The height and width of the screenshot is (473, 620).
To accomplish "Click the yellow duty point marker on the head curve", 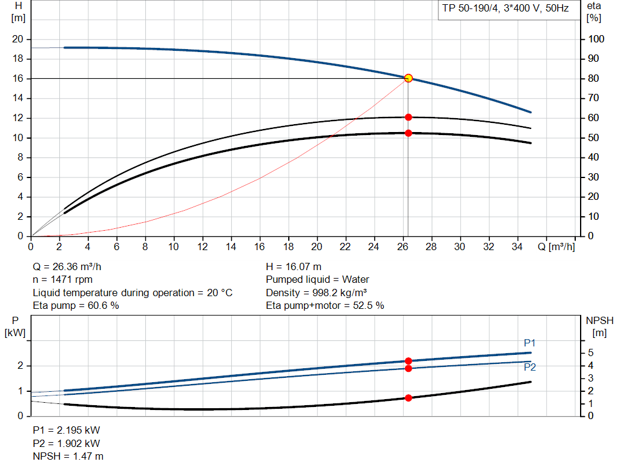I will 408,78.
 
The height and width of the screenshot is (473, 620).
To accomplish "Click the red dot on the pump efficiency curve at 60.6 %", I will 408,117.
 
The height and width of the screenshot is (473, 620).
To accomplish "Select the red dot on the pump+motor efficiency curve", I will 408,133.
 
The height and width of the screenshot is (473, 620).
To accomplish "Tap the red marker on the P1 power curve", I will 408,361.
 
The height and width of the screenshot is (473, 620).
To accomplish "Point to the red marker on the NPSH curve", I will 408,398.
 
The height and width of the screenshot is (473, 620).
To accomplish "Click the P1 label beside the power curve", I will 530,343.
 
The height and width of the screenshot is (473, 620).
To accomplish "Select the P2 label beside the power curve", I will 530,367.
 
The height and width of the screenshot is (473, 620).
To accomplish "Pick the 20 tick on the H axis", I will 18,39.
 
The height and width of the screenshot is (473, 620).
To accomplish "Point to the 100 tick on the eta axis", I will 596,39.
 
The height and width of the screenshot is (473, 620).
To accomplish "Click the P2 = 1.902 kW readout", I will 66,443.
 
